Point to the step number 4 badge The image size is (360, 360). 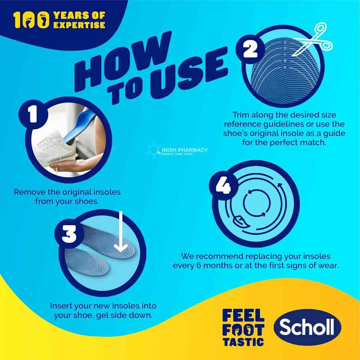coord(224,186)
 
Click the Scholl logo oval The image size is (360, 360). coord(307,328)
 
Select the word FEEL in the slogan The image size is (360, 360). coord(243,316)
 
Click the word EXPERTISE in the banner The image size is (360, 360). coord(79,25)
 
